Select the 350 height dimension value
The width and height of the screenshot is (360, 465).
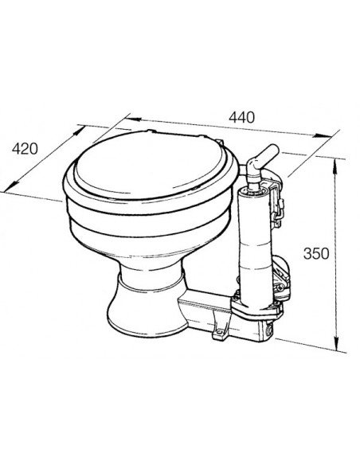coord(316,254)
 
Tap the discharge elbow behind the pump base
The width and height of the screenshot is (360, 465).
coord(280,274)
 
